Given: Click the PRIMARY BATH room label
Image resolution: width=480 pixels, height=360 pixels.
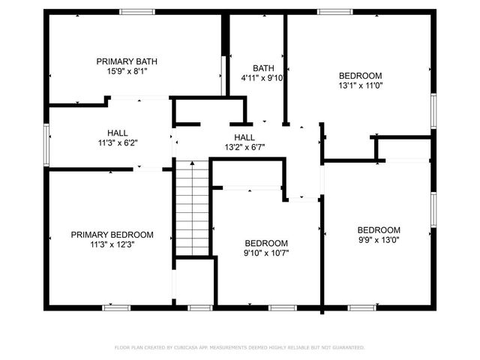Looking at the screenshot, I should click(127, 61).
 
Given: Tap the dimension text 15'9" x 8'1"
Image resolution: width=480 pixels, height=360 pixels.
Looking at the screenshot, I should click(127, 72).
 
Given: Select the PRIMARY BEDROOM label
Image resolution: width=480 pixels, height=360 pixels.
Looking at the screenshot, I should click(112, 234).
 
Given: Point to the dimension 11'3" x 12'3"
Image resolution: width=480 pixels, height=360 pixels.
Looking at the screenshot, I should click(112, 244).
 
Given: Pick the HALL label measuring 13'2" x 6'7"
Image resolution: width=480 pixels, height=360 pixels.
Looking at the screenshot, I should click(244, 137).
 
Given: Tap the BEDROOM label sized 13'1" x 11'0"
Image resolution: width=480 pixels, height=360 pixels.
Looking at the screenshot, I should click(360, 75).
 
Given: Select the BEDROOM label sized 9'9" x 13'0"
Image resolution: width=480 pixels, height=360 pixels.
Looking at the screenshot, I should click(379, 229).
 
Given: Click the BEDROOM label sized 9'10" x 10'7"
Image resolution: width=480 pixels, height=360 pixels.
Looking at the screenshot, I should click(267, 243).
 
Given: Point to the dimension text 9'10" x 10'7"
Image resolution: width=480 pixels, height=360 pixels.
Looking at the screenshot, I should click(267, 253).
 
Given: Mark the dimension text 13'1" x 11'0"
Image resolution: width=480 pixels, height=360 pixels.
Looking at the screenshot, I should click(360, 85).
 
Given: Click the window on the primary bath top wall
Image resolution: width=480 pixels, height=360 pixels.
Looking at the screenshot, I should click(138, 12).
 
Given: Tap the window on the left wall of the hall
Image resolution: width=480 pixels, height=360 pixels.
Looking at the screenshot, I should click(46, 143).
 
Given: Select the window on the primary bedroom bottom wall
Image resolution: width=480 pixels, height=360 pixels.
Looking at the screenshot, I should click(116, 307).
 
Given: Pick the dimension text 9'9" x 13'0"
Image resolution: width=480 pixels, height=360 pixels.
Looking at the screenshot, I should click(379, 240).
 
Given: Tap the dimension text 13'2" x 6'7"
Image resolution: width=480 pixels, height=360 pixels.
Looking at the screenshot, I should click(244, 148).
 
